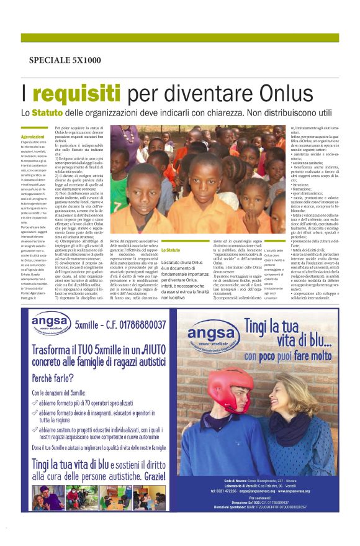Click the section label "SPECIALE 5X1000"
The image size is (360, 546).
tap(65, 60)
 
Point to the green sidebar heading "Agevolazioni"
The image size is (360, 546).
tap(32, 137)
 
